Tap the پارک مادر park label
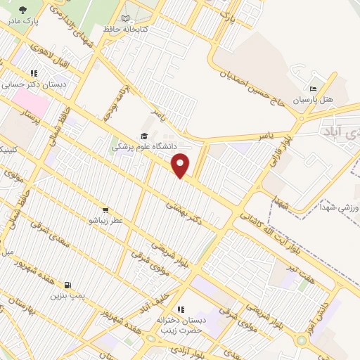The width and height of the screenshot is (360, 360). [x=22, y=21]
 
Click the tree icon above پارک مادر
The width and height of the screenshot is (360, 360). [x=22, y=10]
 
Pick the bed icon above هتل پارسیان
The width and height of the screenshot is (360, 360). [x=313, y=89]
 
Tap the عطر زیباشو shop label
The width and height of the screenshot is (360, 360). [x=105, y=220]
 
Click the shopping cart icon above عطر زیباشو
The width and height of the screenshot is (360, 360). [x=105, y=210]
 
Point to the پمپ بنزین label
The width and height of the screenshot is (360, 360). [x=67, y=296]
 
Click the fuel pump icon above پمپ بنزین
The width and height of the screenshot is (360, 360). [x=67, y=285]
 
